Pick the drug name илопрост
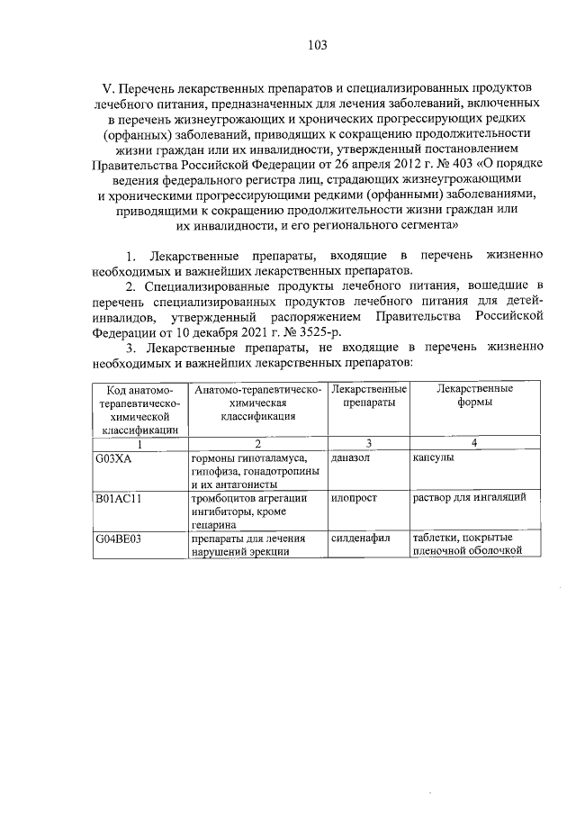(x=353, y=498)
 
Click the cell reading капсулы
(x=433, y=458)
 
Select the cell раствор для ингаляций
(x=475, y=498)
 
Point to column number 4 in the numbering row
(x=475, y=443)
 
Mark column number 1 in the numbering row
(x=139, y=443)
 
